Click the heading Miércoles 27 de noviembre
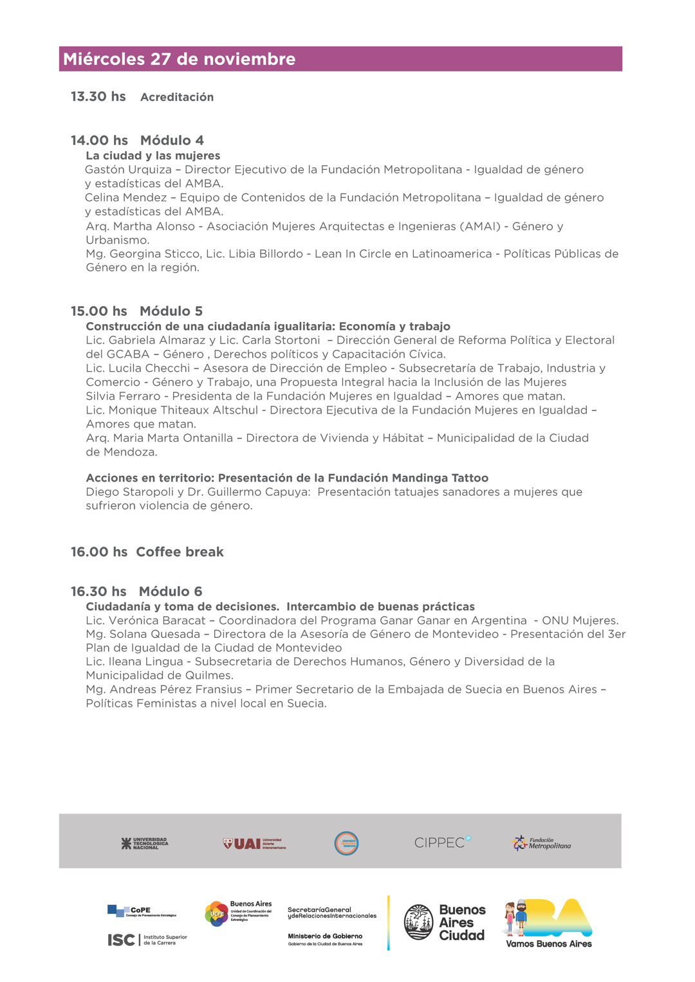(179, 59)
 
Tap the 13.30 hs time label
(98, 96)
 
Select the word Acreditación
(177, 97)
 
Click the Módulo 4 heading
(172, 140)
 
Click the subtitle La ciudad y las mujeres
(153, 156)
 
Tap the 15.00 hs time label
(99, 311)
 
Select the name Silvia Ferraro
(123, 396)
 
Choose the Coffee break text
(180, 552)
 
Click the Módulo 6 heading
(171, 592)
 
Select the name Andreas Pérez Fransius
(176, 689)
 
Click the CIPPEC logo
(442, 842)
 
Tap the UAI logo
(254, 843)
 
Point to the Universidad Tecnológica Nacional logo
(145, 843)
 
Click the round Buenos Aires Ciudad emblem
(419, 922)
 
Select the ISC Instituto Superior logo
(147, 940)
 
